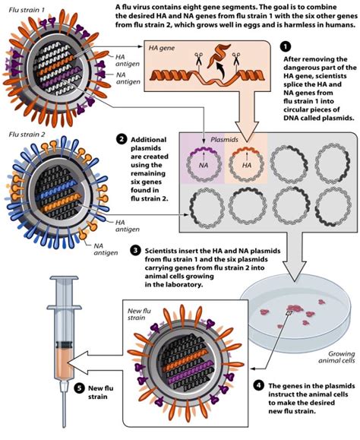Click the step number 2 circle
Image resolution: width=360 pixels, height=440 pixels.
pos(121,139)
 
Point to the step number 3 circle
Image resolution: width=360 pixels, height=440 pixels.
pos(134,249)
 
